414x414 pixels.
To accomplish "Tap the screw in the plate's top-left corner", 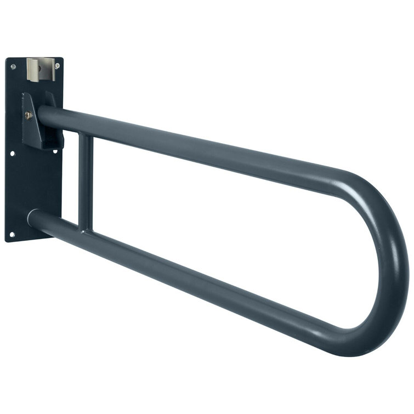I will tap(13, 67).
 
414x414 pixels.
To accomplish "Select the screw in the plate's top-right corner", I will tap(57, 66).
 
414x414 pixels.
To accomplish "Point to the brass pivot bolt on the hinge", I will tap(29, 116).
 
